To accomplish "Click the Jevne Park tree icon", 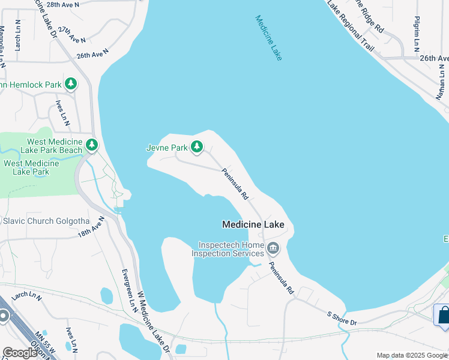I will click(x=196, y=146).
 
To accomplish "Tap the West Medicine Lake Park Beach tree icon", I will click(x=91, y=145).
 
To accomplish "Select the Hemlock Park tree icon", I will click(x=71, y=84).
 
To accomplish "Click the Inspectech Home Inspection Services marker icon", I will click(x=273, y=248).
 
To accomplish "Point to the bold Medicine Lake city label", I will click(x=258, y=224).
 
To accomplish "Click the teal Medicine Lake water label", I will click(x=268, y=38).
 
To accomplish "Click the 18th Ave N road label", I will click(x=91, y=226).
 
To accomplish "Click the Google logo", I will click(x=20, y=352).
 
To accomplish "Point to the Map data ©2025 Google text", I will click(x=411, y=355).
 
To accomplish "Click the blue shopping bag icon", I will click(x=442, y=315).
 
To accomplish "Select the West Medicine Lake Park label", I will click(x=31, y=167).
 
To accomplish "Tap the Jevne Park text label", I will click(x=167, y=147).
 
